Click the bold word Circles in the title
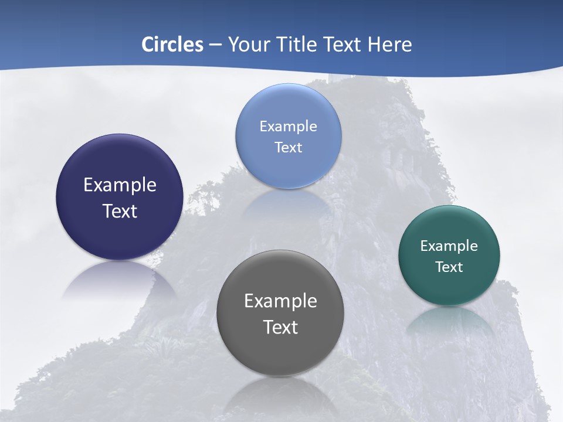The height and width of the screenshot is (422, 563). (x=172, y=45)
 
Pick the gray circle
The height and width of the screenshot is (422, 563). (x=280, y=352)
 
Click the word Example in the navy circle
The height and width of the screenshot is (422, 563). (x=120, y=185)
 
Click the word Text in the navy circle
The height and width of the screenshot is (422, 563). (x=120, y=211)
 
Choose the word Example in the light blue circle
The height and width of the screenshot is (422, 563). (x=288, y=127)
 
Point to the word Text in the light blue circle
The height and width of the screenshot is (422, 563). (x=288, y=147)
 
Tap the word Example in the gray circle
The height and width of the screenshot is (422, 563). (x=280, y=301)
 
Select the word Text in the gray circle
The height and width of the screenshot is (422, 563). (x=280, y=327)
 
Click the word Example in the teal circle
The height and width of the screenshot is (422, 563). (x=449, y=246)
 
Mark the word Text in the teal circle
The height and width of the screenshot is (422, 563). (x=449, y=267)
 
